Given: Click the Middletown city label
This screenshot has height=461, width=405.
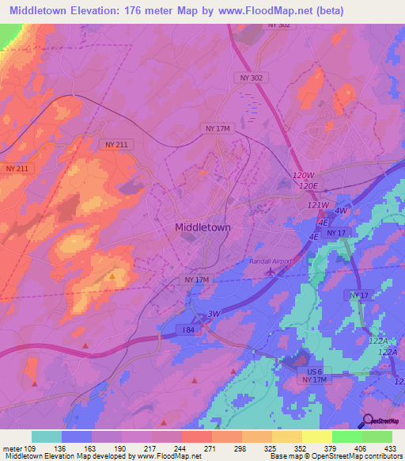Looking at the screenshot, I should [x=202, y=227].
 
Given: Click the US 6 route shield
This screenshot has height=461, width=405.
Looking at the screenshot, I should [x=315, y=371].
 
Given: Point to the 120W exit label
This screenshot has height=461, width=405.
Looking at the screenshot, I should [x=303, y=174].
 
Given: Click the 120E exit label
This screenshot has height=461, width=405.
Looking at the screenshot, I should [x=308, y=185].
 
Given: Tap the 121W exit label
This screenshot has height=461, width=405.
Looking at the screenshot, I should [x=316, y=204].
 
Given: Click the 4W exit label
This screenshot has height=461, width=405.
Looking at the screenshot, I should [x=340, y=211].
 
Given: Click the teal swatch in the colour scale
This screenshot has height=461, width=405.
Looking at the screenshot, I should [x=47, y=436].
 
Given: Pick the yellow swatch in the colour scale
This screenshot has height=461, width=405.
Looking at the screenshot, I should [x=317, y=436].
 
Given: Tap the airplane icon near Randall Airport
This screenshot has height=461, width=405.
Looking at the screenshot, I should [x=272, y=272].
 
